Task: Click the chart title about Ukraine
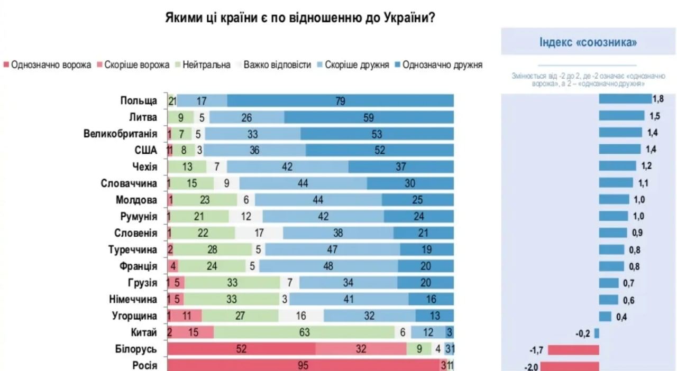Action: click(300, 17)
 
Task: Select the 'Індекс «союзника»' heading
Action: click(588, 42)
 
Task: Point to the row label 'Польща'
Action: click(139, 101)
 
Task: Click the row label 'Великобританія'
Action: click(120, 134)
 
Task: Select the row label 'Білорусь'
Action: click(136, 349)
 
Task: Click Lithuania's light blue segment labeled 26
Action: click(246, 118)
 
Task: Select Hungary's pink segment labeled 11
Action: click(186, 316)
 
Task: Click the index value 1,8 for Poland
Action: click(658, 99)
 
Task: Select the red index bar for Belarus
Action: click(573, 350)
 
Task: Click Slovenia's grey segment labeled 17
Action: click(259, 233)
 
